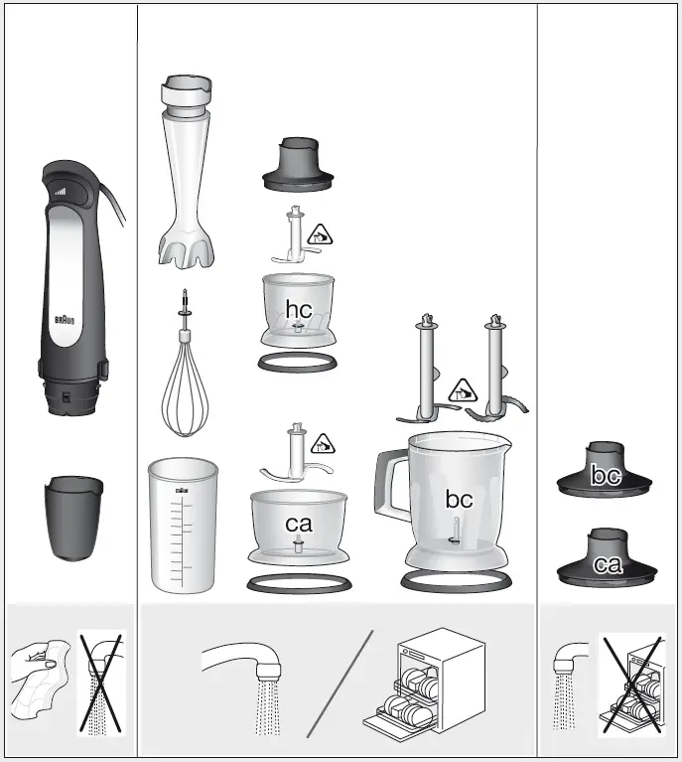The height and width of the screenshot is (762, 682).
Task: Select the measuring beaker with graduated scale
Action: point(182,525)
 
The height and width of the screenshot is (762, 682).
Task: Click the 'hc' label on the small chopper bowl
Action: point(298,309)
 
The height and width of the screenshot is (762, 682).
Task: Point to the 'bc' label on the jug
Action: point(459,499)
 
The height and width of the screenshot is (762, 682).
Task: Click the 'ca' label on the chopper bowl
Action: point(298,524)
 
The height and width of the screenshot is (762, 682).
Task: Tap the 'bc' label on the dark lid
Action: point(606,476)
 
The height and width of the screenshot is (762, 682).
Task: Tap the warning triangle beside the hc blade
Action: point(320,235)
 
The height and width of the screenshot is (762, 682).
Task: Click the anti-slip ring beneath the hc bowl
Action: point(298,363)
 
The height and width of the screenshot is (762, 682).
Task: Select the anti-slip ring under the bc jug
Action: point(457,578)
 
